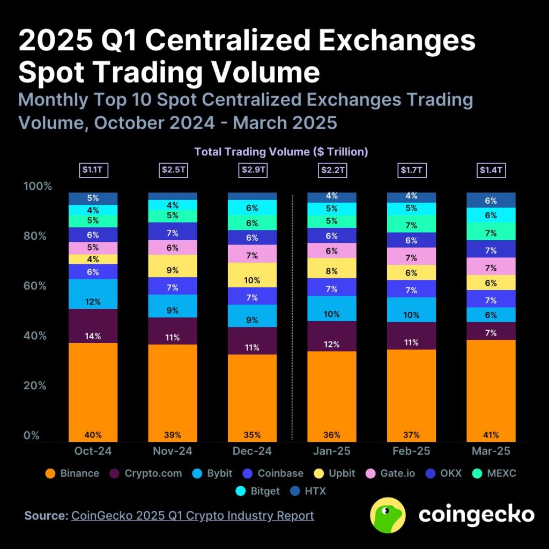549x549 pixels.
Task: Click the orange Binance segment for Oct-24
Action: click(x=93, y=391)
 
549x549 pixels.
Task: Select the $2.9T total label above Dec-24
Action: click(x=252, y=170)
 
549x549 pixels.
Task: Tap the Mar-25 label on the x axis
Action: click(x=491, y=451)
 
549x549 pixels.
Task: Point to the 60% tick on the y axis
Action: click(x=38, y=286)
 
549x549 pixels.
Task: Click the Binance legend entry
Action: click(x=73, y=473)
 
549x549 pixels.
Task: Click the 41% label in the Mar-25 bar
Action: click(x=491, y=435)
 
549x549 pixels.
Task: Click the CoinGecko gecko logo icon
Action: click(x=388, y=515)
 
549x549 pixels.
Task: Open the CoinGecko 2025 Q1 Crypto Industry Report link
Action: click(x=192, y=516)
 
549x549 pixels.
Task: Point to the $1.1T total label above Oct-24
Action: click(x=93, y=170)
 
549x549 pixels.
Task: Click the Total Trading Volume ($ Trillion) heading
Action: click(x=281, y=152)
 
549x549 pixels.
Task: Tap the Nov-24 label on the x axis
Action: click(x=173, y=451)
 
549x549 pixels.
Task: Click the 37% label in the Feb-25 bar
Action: click(x=411, y=435)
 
